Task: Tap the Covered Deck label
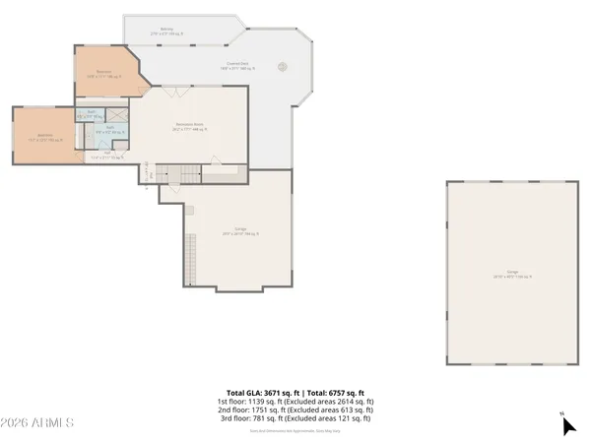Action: point(233,66)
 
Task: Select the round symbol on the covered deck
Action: point(283,68)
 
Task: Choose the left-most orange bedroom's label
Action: point(45,138)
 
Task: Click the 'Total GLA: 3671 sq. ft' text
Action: point(295,393)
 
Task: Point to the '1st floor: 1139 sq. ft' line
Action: point(295,402)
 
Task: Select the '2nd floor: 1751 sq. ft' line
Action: point(295,411)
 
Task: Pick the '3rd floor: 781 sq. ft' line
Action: point(295,419)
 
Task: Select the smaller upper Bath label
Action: point(91,114)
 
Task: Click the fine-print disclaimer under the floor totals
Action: point(295,430)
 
